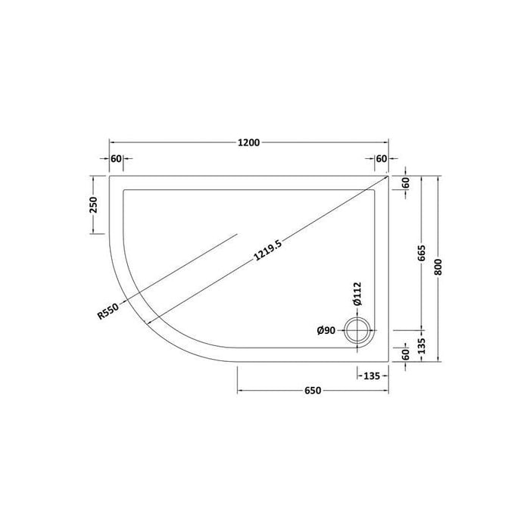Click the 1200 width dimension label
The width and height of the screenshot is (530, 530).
(x=249, y=142)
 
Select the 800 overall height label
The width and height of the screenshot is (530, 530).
(x=438, y=267)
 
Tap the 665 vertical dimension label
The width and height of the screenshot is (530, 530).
(x=421, y=253)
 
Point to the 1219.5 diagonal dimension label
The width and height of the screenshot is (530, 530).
(x=267, y=250)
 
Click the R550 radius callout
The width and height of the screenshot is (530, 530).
(x=108, y=311)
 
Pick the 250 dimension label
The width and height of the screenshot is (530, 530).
(x=92, y=205)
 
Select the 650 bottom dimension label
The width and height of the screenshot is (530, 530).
(x=313, y=391)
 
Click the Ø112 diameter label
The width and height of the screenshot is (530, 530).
(x=357, y=294)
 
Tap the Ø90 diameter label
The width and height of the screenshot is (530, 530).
(x=326, y=330)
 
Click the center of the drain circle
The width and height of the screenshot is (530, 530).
(x=357, y=331)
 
